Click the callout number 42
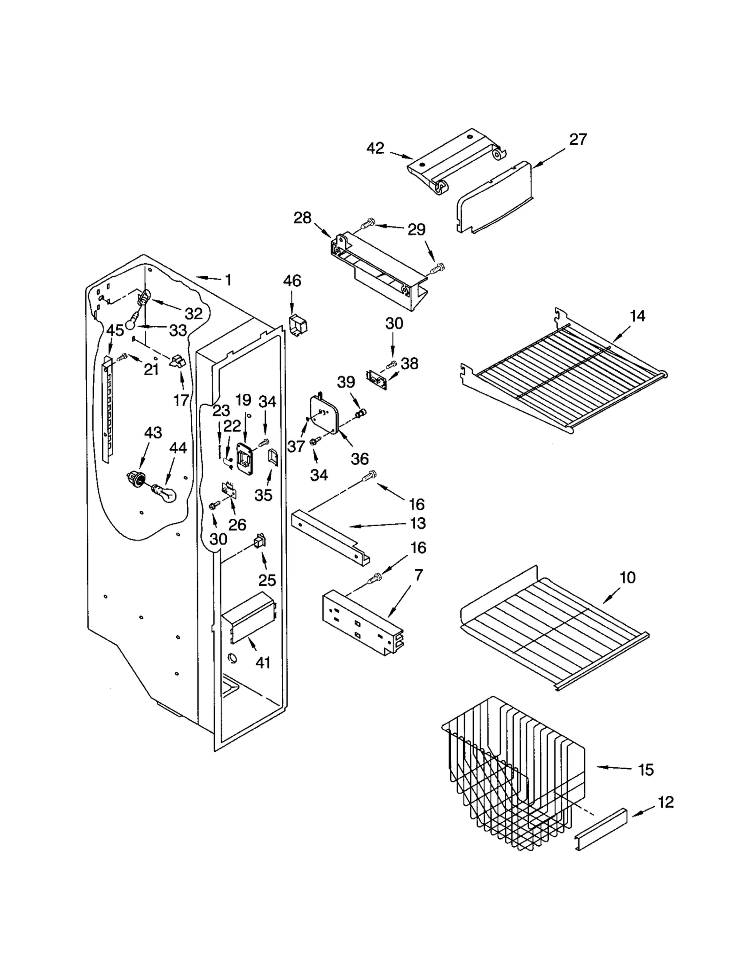tap(375, 148)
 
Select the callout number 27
tap(578, 140)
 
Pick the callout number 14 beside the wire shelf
tap(637, 316)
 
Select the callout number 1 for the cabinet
tap(228, 281)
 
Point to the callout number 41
tap(263, 663)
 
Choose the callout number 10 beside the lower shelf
tap(627, 577)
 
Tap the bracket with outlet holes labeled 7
tap(362, 623)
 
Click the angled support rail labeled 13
tap(329, 536)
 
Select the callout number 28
tap(302, 218)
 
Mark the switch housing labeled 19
tap(245, 457)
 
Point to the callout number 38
tap(409, 363)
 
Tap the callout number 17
tap(181, 400)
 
